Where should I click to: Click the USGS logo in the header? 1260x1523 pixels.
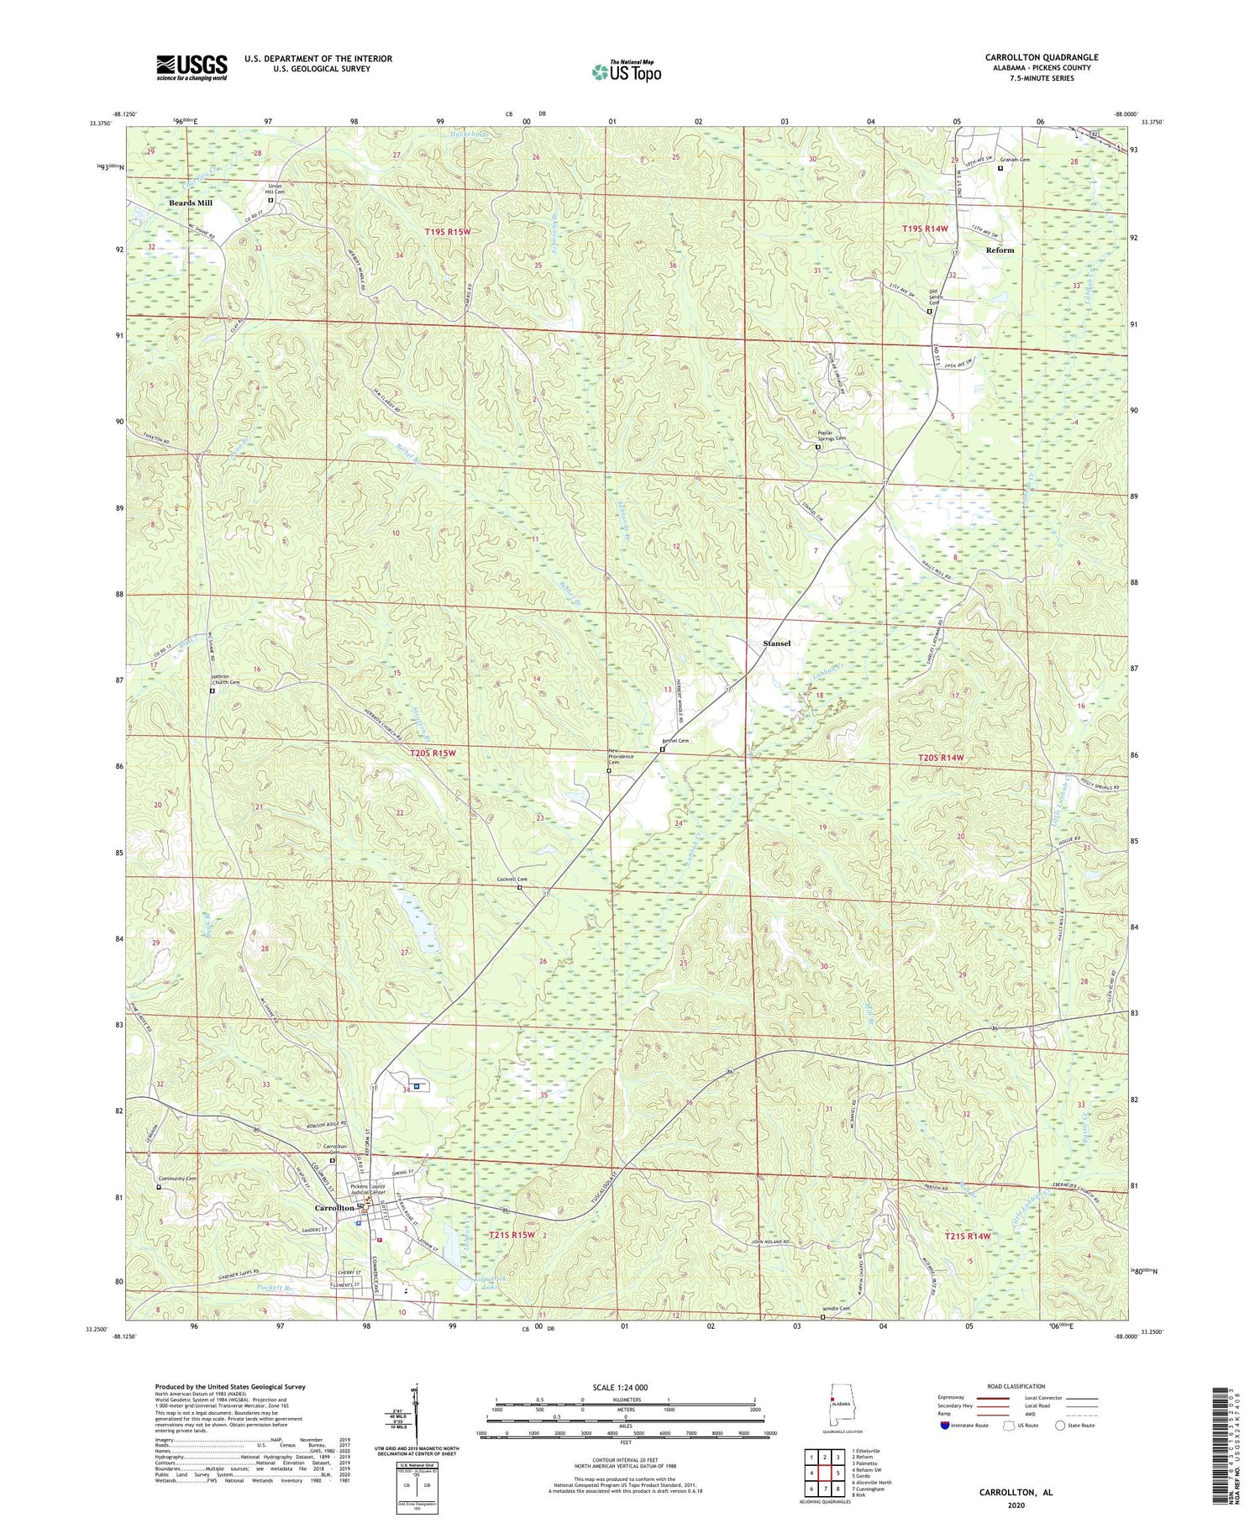coord(192,67)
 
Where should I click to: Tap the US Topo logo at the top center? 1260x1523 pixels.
coord(626,71)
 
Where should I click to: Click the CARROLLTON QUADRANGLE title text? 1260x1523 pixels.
coord(1041,57)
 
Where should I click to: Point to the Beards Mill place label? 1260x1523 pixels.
coord(191,203)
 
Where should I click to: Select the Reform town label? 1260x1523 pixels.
coord(1000,250)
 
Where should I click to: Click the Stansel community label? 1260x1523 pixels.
coord(776,643)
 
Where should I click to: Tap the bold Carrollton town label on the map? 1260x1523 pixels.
coord(333,1208)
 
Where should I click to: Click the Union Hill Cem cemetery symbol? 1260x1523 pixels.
coord(270,201)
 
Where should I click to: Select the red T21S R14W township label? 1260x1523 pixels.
coord(967,1236)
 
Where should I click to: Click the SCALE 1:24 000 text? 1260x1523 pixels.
coord(625,1387)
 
